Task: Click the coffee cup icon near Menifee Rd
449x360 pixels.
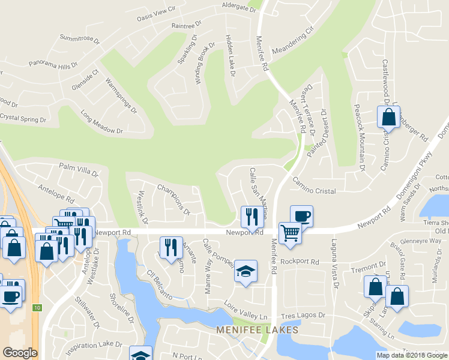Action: point(301,216)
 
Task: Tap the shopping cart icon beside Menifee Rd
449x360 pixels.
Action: point(290,232)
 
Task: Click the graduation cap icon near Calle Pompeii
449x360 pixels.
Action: point(245,272)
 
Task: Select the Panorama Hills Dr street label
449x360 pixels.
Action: point(53,64)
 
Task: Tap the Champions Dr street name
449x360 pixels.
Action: point(173,199)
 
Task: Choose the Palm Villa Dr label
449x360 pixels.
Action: point(78,169)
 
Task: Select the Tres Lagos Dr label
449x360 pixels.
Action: point(304,314)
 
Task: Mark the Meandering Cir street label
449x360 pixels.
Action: point(294,40)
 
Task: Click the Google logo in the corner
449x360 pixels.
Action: point(20,353)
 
